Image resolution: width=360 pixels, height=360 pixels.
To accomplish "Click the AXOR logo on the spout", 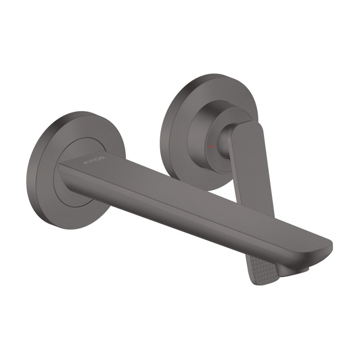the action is point(95,160).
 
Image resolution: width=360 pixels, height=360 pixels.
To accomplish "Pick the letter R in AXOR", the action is point(103,158).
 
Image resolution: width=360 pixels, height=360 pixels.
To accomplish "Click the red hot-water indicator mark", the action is point(211,147).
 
